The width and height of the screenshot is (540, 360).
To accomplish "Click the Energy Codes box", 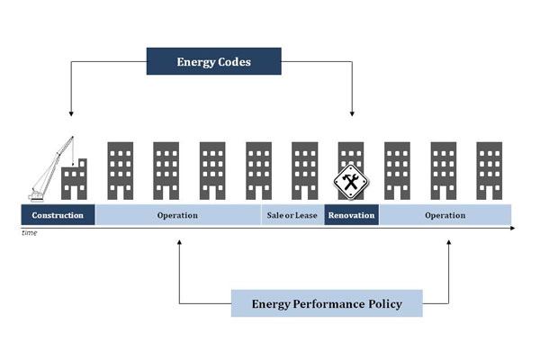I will (214, 61).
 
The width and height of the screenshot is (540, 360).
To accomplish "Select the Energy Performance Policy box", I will (327, 303).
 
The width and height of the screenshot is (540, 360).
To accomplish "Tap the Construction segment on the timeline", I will (58, 215).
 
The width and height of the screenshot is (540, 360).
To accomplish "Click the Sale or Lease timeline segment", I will (292, 215).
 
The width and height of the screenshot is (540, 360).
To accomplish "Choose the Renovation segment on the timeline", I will (351, 215).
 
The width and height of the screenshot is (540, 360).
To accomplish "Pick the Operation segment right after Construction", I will (177, 215).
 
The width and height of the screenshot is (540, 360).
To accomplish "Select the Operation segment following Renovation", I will (445, 215).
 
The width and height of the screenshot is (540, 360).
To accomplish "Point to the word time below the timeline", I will (31, 232).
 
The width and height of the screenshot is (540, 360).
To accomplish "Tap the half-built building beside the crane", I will (74, 180).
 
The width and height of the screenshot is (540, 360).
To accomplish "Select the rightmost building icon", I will (489, 170).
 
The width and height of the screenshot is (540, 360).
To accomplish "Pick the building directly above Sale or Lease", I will (304, 170).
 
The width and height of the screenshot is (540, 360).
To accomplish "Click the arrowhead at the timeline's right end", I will (512, 228).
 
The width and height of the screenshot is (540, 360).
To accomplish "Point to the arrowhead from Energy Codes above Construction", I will (70, 113).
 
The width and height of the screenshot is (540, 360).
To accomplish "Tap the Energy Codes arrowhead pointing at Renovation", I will (352, 113).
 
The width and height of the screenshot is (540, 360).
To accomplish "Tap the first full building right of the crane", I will (120, 170).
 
